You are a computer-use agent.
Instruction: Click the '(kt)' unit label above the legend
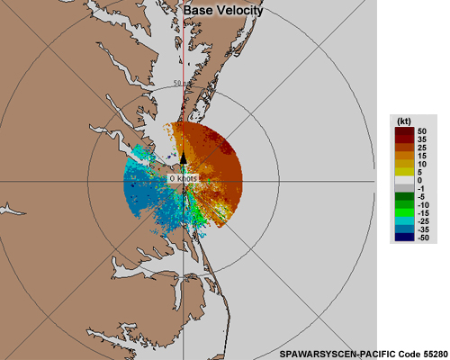pos(404,120)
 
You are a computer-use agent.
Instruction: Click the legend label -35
pos(423,229)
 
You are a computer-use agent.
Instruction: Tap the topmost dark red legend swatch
pos(403,132)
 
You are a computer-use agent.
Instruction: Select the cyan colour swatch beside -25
pos(403,219)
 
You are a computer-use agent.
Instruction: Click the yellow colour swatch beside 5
pos(403,171)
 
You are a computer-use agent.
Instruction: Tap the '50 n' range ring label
pos(182,83)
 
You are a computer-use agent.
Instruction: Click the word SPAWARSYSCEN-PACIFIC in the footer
pos(322,352)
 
